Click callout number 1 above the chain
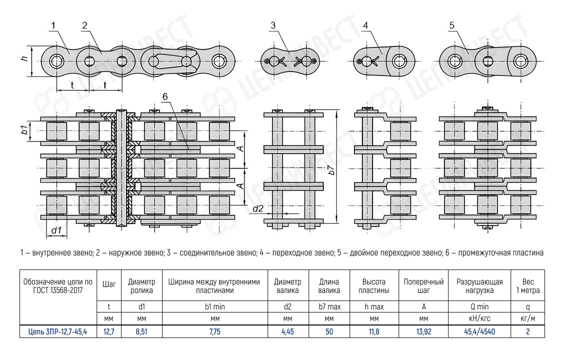tap(53, 24)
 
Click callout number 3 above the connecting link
tap(272, 25)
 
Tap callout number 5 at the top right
tap(451, 25)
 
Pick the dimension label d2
tap(257, 208)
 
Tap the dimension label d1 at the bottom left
tap(56, 230)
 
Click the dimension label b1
tap(23, 131)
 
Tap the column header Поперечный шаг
tap(423, 286)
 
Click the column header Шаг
tap(109, 284)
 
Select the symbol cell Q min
tap(479, 307)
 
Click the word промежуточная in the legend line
tap(484, 253)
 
